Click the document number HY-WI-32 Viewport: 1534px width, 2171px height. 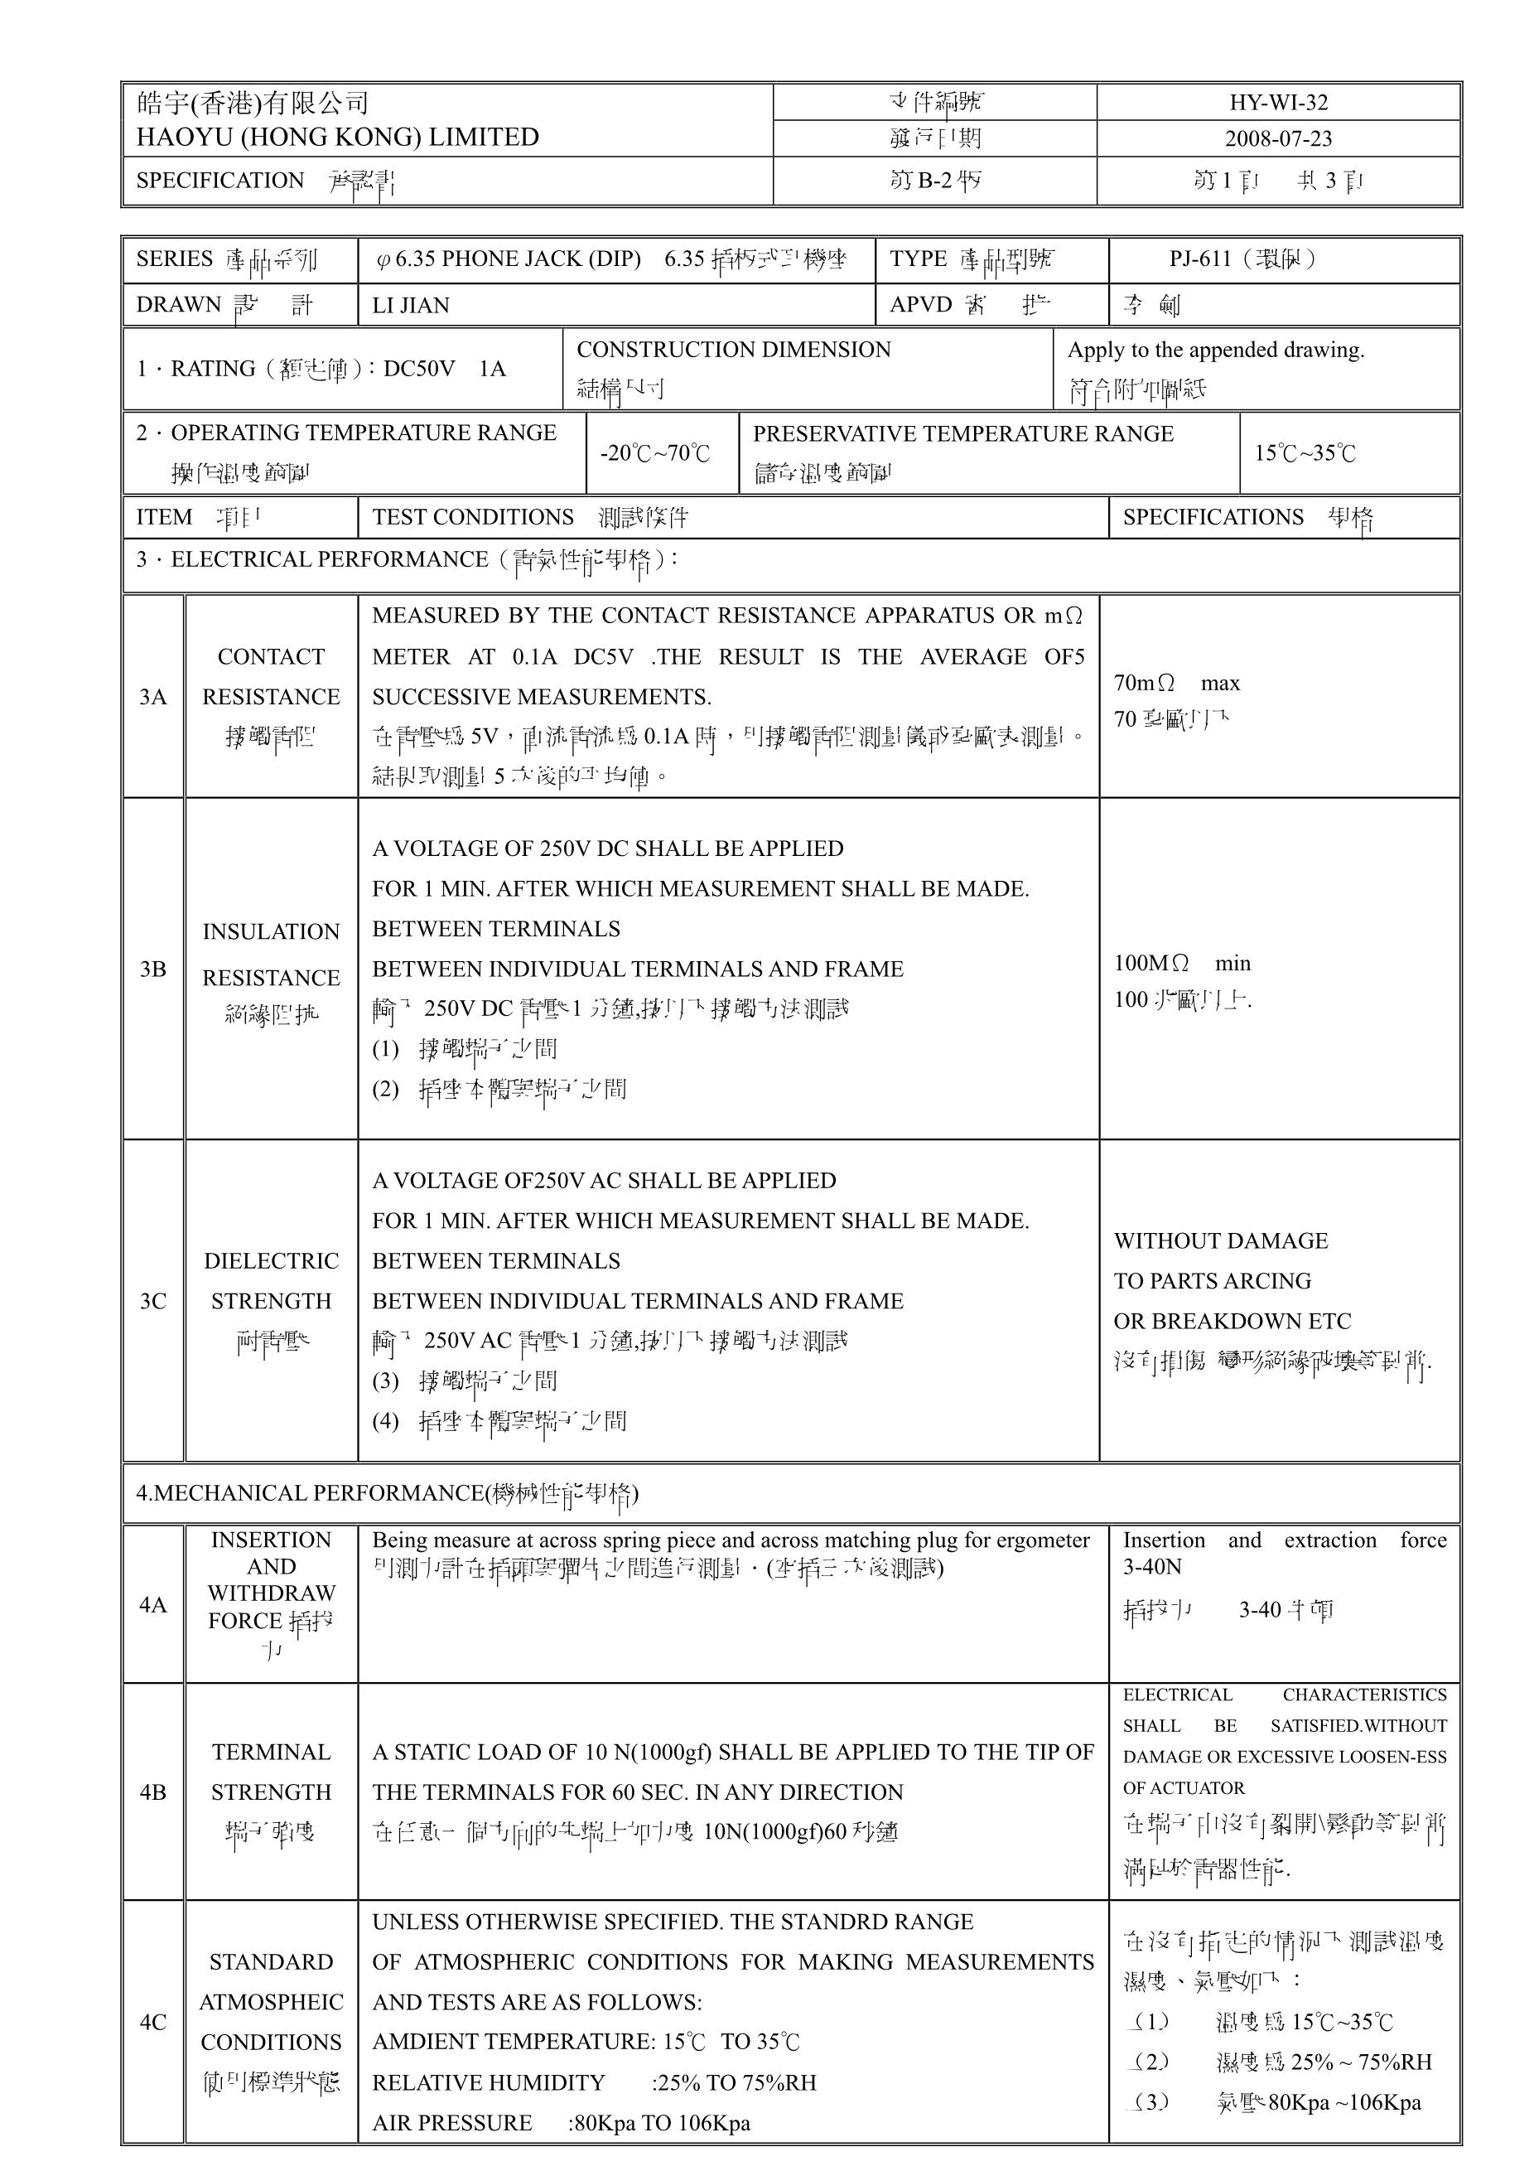point(1278,102)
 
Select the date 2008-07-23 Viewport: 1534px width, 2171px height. point(1278,138)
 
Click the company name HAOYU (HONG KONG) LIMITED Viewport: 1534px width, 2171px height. point(337,137)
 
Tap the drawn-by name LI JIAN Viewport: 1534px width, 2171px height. point(410,306)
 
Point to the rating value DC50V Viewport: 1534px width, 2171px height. point(419,369)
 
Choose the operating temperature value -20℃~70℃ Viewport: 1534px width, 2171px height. point(654,453)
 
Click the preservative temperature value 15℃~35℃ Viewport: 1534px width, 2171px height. point(1305,453)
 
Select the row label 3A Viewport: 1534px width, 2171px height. point(152,697)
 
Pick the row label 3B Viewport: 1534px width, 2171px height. point(152,969)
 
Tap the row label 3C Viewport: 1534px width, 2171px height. point(152,1301)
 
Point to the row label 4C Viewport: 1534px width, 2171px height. point(152,2022)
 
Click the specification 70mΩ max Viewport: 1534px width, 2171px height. point(1177,683)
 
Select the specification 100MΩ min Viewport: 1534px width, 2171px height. point(1181,963)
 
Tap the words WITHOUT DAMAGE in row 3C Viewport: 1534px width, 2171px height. point(1220,1240)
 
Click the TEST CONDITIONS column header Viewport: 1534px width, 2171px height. point(473,517)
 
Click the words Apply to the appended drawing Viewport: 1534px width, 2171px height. point(1215,350)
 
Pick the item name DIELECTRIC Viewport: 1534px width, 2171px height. point(271,1260)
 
